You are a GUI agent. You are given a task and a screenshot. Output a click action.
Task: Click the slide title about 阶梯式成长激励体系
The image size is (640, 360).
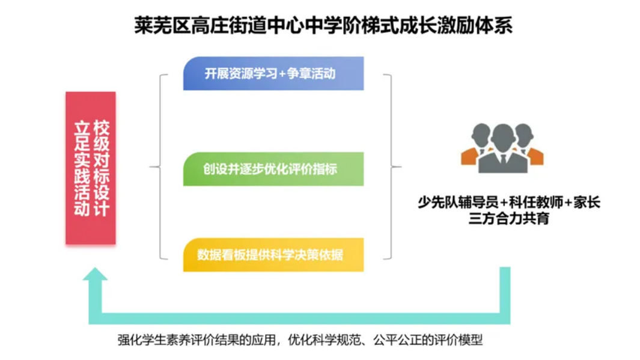click(323, 25)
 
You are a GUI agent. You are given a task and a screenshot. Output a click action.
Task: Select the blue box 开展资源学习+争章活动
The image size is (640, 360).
click(273, 73)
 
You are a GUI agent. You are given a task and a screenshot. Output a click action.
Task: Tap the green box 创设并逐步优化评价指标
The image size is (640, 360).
click(273, 169)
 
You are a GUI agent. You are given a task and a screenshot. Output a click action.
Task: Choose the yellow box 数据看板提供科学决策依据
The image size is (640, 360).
click(273, 255)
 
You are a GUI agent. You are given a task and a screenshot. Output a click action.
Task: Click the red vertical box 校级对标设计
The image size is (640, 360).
click(91, 168)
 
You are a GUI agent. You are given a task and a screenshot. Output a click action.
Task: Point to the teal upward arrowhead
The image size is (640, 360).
click(95, 274)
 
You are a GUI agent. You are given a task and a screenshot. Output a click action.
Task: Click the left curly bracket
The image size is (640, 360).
click(160, 166)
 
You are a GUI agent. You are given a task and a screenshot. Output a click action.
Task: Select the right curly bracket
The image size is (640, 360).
click(391, 166)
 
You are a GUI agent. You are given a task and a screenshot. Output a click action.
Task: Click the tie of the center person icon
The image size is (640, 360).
click(503, 159)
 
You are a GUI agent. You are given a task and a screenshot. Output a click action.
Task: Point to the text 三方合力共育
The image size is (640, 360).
click(508, 218)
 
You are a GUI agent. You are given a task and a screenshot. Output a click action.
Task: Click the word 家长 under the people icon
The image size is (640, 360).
click(587, 202)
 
